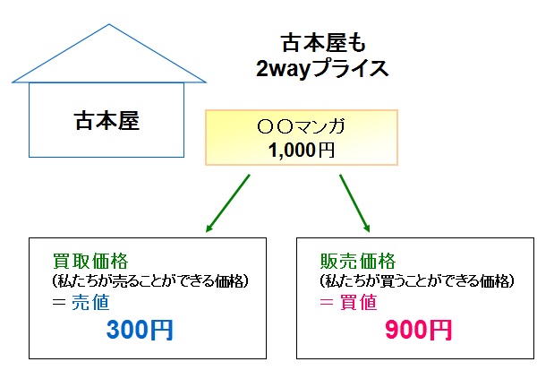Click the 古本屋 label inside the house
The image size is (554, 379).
coord(107,121)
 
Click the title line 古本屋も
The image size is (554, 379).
coord(324,44)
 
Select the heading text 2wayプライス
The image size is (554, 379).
coord(322,69)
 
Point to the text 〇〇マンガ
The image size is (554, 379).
coord(301,126)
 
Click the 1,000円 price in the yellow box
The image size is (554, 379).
coord(302,150)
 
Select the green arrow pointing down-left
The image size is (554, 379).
coord(228,203)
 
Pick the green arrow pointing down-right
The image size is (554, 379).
coord(354,203)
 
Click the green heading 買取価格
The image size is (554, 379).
coord(90,262)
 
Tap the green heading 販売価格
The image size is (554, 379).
coord(358,262)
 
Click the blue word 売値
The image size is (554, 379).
coord(90,303)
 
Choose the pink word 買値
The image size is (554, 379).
coord(358,303)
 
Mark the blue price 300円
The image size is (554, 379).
coord(140,330)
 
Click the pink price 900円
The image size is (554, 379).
coord(418,330)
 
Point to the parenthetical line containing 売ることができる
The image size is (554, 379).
coord(150,281)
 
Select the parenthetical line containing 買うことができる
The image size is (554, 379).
coord(417,281)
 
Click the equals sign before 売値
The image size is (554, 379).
coord(59,303)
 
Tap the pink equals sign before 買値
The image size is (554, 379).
coord(327,303)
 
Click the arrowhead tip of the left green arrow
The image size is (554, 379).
coord(206,232)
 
